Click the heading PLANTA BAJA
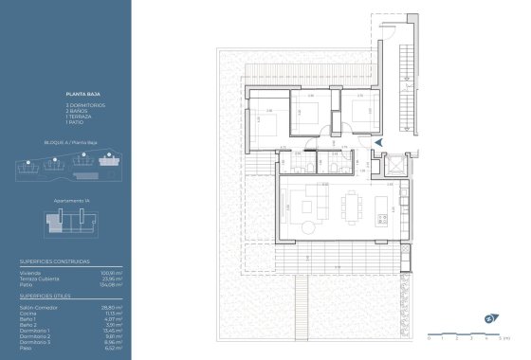coord(79,95)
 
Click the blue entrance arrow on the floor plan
coord(379,142)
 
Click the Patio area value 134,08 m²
coord(114,284)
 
